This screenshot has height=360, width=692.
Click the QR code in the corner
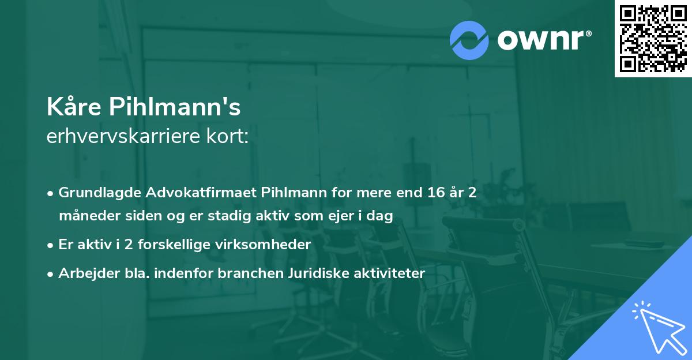[x=653, y=38]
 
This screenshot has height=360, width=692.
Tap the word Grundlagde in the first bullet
[x=95, y=193]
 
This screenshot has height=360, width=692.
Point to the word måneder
[x=85, y=216]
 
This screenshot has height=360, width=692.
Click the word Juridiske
[x=315, y=273]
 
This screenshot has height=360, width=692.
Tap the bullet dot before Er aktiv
[x=51, y=245]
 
